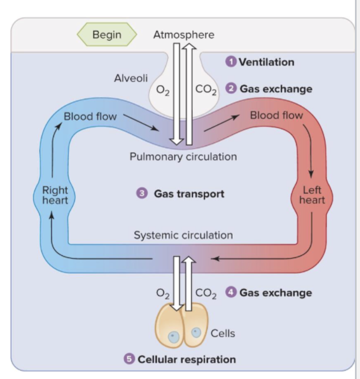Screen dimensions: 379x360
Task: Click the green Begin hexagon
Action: [x=107, y=34]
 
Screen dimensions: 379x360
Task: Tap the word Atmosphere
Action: [x=184, y=35]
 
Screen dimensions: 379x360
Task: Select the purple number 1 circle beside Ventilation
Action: [x=231, y=62]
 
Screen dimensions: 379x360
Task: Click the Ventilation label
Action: [x=266, y=62]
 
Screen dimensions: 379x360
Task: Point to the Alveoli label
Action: [x=131, y=79]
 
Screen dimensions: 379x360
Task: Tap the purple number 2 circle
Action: [x=232, y=89]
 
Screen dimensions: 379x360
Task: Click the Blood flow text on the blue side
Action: [x=90, y=116]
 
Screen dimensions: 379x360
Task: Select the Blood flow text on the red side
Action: [x=276, y=115]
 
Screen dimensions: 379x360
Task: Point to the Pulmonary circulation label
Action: [x=183, y=157]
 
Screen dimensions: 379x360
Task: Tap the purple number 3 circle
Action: [x=142, y=193]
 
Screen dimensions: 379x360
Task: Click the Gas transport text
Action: [x=189, y=194]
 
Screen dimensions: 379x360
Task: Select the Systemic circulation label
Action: [x=183, y=235]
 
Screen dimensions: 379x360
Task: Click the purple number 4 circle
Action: [x=231, y=292]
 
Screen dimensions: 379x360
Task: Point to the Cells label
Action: [x=223, y=333]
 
